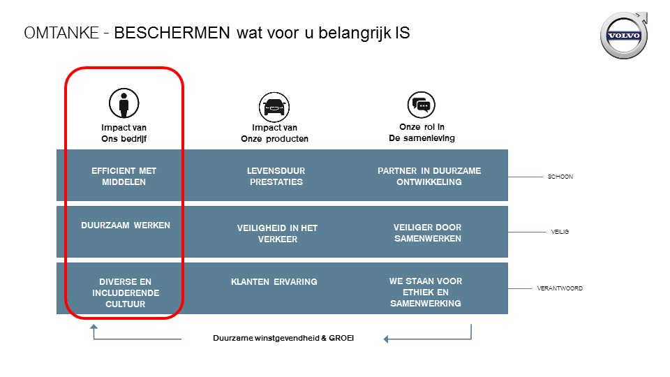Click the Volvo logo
coord(624,35)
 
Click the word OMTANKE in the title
coord(61,33)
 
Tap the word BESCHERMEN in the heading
coord(172,33)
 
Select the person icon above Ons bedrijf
coord(124,103)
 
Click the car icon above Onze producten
coord(274,107)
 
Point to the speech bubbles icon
coord(422,105)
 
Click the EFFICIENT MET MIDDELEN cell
coord(124,176)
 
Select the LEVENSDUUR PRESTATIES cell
coord(276,176)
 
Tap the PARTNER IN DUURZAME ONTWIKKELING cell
coord(429,176)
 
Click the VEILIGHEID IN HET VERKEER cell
coord(277,233)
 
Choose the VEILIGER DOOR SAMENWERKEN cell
coord(427,233)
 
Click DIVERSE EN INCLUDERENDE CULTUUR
coord(126,293)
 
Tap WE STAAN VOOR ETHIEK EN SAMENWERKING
coord(426,292)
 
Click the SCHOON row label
coord(560,177)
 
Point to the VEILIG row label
coord(560,232)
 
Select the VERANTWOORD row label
coord(560,288)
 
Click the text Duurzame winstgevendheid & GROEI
coord(283,338)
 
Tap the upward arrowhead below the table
coord(94,327)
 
